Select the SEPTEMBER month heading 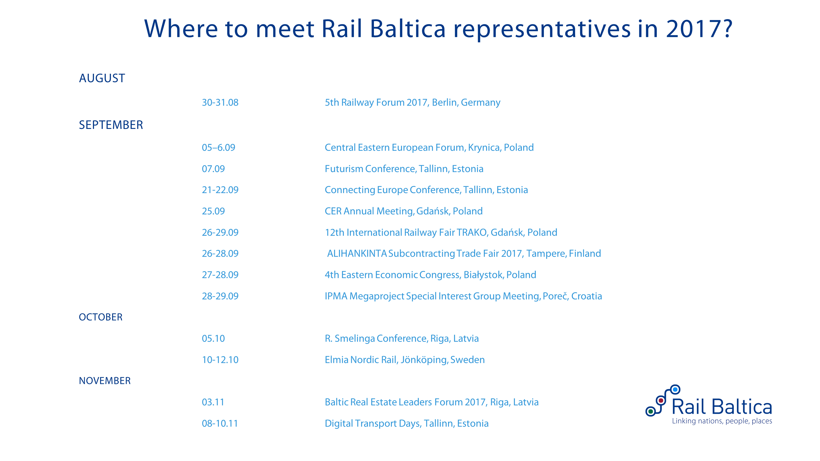[x=111, y=125]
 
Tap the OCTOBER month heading [x=101, y=317]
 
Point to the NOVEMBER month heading [x=105, y=381]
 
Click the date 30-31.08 [x=220, y=102]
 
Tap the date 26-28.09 [x=220, y=253]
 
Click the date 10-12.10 [x=220, y=360]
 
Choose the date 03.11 [x=213, y=402]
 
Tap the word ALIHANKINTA [x=357, y=253]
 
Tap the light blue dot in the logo [x=675, y=389]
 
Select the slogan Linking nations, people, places [x=722, y=421]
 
